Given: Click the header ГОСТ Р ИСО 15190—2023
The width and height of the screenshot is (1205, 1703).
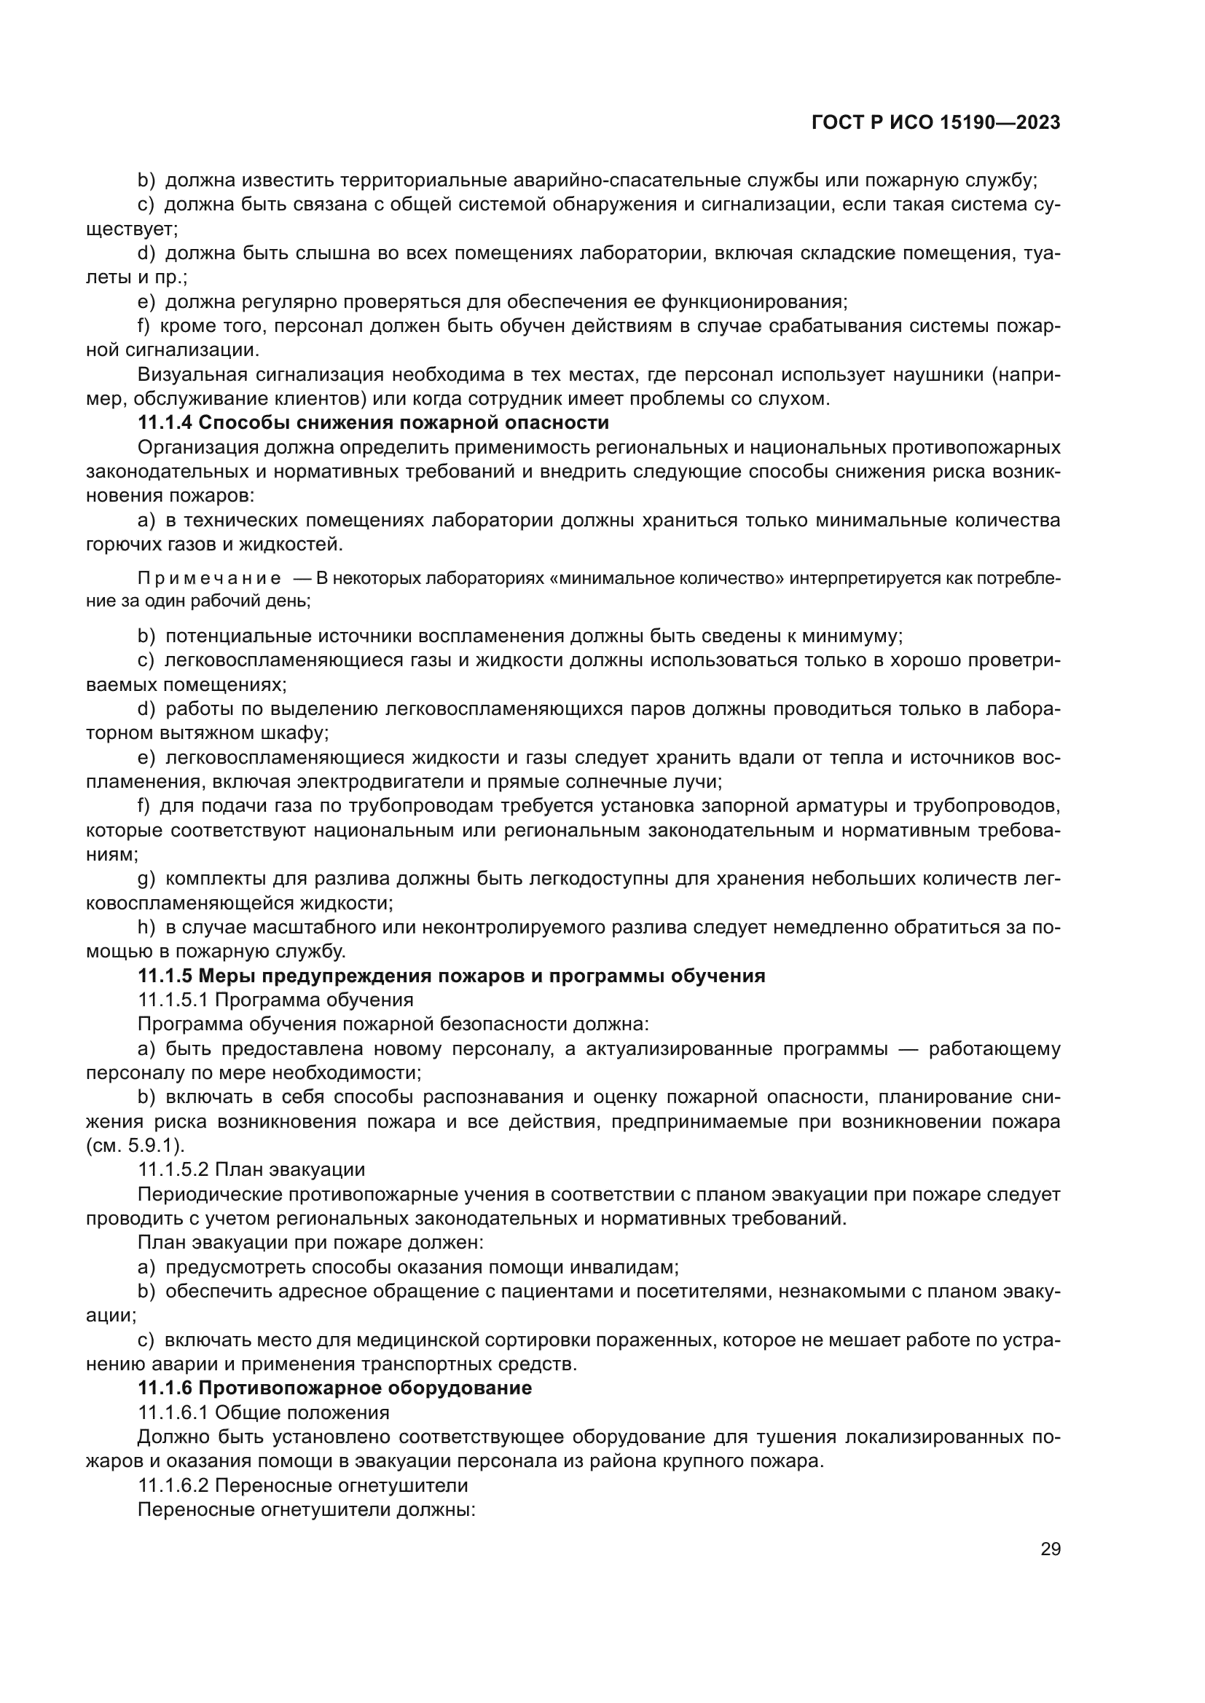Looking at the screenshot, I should click(935, 123).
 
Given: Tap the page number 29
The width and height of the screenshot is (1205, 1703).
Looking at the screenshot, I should click(1050, 1549).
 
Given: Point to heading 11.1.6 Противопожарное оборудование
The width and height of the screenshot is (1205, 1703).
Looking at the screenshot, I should click(334, 1388).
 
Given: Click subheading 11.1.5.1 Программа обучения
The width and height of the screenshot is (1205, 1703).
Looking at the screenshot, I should click(275, 1000).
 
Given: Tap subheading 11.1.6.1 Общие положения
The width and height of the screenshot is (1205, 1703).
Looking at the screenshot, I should click(264, 1412).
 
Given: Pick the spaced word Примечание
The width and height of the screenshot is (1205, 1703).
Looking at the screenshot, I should click(209, 579).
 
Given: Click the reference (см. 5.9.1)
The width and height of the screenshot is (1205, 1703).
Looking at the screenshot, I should click(135, 1146).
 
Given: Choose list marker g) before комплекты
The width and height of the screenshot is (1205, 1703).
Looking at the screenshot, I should click(146, 879).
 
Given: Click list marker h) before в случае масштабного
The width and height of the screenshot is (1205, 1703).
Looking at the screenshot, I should click(146, 927).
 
